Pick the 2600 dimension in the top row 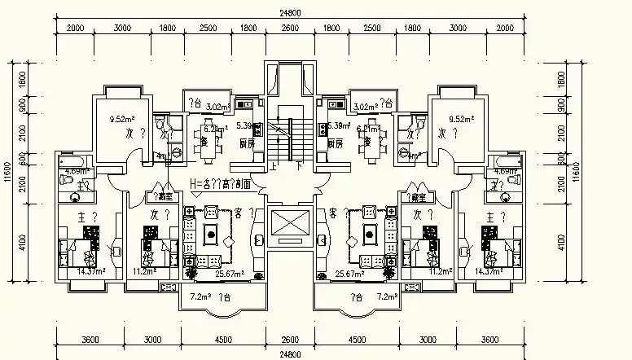289,29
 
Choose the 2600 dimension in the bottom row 289,340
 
